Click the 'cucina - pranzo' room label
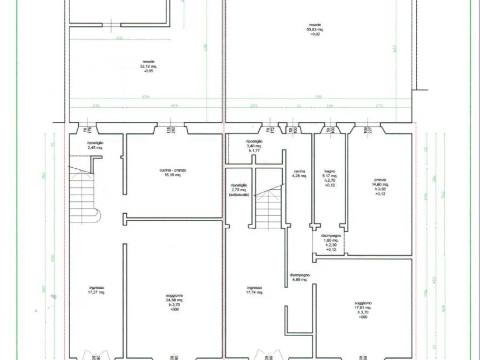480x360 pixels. (x=172, y=170)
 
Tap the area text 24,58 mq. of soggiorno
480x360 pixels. (x=174, y=300)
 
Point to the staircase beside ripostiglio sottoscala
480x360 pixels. (x=269, y=206)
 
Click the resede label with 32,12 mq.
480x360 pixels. (x=149, y=61)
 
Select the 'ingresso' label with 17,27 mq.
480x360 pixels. (x=97, y=288)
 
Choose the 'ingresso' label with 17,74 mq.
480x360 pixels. (x=254, y=288)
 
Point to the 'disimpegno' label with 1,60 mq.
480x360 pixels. (x=331, y=236)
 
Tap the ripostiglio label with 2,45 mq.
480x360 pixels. (x=95, y=142)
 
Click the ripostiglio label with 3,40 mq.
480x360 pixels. (x=255, y=141)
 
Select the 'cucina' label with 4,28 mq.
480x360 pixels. (x=300, y=172)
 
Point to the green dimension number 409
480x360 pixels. (x=174, y=106)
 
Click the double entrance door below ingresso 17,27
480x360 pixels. (x=96, y=355)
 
